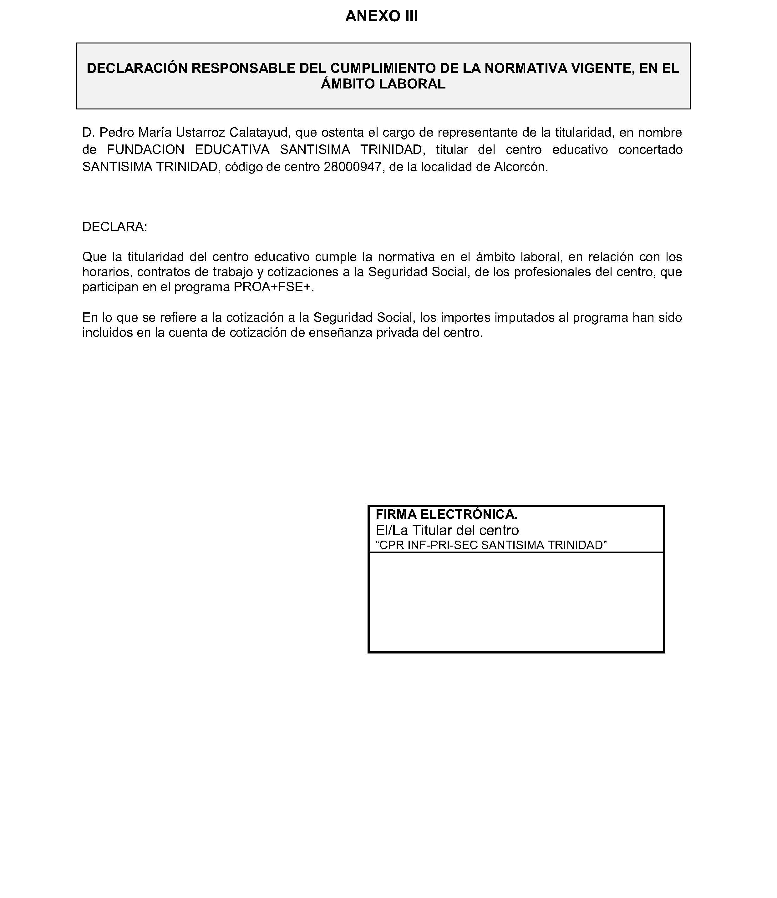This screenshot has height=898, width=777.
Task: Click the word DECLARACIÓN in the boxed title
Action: point(137,68)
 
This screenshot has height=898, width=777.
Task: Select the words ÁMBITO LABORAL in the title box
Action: point(383,84)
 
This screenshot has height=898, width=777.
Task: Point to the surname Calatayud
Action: point(258,132)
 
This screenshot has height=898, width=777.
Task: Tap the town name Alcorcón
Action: point(521,167)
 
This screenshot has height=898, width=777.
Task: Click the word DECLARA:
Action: point(115,227)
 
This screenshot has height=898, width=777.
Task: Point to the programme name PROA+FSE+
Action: point(273,287)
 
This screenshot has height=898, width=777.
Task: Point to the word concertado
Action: point(650,149)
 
